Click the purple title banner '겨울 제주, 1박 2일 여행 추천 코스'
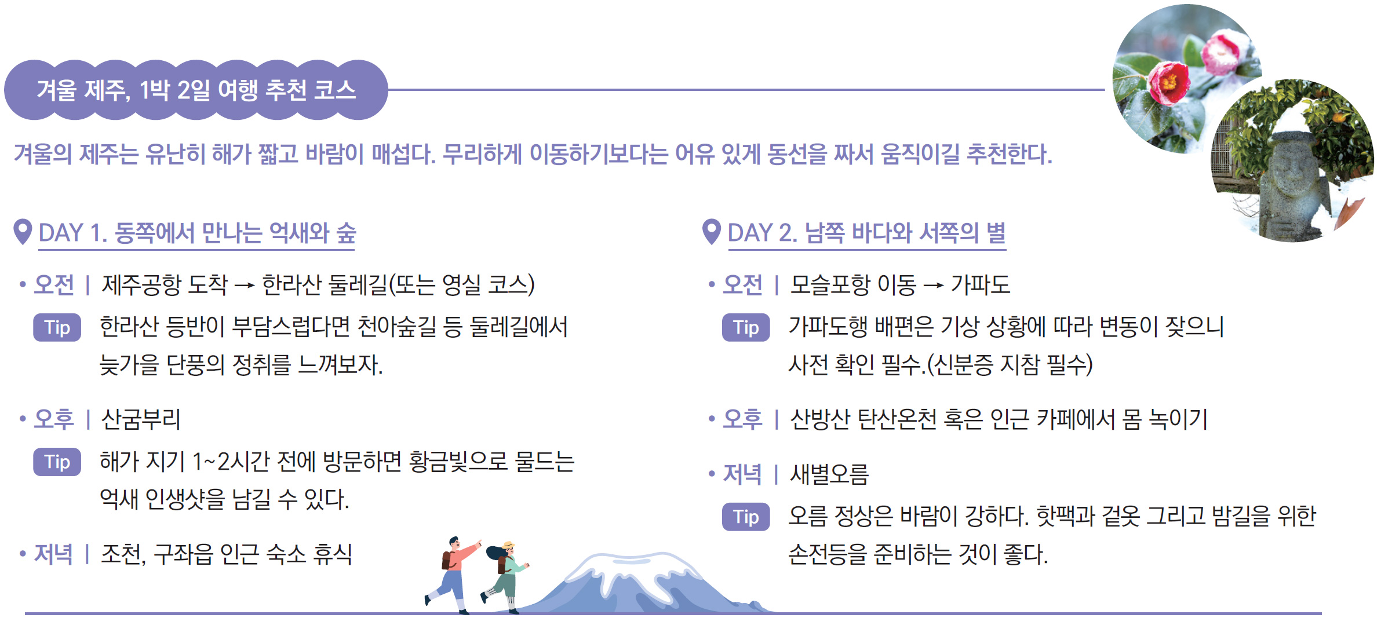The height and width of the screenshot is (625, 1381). point(196,90)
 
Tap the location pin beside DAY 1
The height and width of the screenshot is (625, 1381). point(23,232)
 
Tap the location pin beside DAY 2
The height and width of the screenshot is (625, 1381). point(712,232)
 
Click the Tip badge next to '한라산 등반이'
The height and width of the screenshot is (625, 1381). point(57,327)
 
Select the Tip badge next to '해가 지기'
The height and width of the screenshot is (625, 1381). point(57,462)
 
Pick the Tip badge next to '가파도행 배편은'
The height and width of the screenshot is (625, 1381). point(746,327)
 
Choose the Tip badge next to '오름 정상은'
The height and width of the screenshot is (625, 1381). point(746,517)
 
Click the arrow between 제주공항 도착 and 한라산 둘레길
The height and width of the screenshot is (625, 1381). point(245,285)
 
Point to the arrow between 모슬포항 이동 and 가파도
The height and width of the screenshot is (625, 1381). point(933,285)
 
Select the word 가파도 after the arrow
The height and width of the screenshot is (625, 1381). point(980,284)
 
